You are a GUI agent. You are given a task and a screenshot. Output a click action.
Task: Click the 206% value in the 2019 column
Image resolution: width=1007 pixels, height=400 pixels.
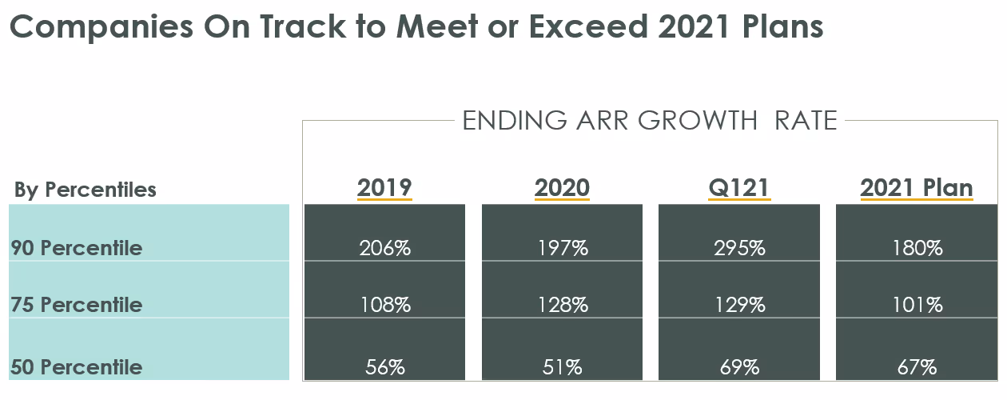384,248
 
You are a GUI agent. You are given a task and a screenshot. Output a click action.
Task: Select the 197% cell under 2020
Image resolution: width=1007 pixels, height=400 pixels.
562,248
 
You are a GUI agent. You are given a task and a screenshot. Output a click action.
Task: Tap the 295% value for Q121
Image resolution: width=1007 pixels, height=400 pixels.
739,248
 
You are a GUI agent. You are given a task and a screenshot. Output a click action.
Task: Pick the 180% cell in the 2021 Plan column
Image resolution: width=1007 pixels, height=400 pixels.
917,248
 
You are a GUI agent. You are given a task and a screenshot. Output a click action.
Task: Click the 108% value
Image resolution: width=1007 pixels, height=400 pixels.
384,305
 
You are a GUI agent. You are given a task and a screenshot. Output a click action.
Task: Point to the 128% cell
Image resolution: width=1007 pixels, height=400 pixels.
562,305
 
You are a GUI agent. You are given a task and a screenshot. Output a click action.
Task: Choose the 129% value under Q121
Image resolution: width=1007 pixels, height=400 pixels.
739,305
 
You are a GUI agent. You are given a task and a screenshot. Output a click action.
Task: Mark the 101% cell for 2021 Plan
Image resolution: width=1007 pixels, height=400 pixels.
917,305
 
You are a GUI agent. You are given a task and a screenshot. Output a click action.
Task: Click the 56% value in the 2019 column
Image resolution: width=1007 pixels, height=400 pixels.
384,367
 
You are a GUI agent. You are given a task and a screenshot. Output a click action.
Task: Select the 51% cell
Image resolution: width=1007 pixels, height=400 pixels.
562,367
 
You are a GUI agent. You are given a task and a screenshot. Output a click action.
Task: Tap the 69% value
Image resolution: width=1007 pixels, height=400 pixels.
739,367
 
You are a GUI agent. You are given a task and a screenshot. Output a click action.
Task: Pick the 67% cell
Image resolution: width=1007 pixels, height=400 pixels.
917,367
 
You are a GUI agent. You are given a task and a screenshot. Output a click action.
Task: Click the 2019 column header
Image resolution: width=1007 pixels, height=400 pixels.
384,188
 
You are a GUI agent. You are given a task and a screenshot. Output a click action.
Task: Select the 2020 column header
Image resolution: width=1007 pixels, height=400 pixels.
562,188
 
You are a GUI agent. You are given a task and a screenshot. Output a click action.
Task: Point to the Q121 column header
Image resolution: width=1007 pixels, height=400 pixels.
739,188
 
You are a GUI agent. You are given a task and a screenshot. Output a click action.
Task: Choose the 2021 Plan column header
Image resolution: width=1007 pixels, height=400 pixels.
917,188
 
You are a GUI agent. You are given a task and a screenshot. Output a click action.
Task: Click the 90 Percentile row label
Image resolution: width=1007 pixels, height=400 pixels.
77,248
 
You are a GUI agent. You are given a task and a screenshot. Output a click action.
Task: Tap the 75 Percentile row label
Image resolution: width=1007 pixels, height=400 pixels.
77,305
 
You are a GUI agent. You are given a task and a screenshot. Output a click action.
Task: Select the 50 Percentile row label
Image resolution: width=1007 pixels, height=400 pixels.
77,367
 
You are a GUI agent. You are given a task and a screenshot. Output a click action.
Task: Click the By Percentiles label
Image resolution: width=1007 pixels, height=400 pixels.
86,190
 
